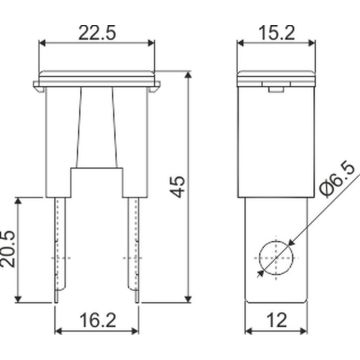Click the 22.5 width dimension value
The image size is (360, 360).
click(x=98, y=32)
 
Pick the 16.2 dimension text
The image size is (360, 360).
click(x=98, y=322)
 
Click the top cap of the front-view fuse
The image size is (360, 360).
click(x=98, y=79)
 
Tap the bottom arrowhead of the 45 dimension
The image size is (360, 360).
click(x=190, y=299)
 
